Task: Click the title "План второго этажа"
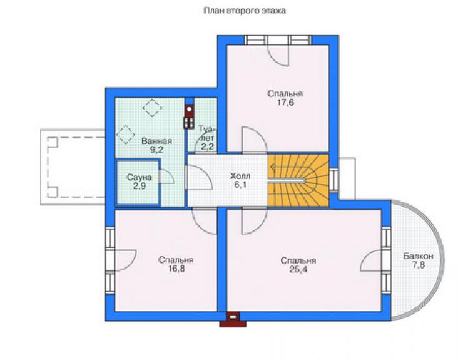245,11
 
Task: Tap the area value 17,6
285,103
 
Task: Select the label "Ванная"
156,141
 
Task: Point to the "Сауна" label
139,177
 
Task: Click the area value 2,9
140,186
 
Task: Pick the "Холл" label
240,176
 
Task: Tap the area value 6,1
240,185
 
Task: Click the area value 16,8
176,269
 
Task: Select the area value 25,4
298,270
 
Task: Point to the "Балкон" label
419,256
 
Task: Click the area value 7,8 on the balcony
419,265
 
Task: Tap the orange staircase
298,180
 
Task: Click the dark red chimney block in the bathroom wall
189,117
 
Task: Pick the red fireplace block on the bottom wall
233,319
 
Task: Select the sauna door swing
166,177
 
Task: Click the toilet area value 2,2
208,147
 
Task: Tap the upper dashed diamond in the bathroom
153,108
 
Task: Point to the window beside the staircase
333,180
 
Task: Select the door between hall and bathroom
198,177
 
